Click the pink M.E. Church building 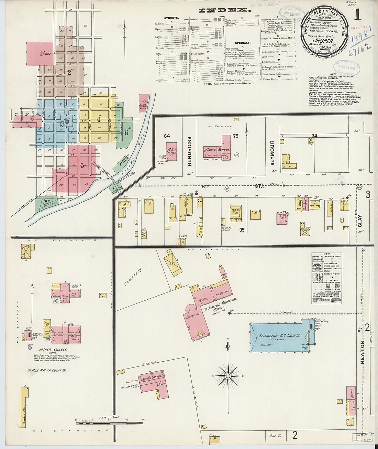pos(171,151)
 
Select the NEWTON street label pos(362,353)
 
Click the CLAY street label pos(360,221)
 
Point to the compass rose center pos(228,375)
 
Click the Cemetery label pos(133,277)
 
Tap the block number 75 pos(235,136)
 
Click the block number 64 pos(167,136)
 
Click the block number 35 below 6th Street pos(242,230)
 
